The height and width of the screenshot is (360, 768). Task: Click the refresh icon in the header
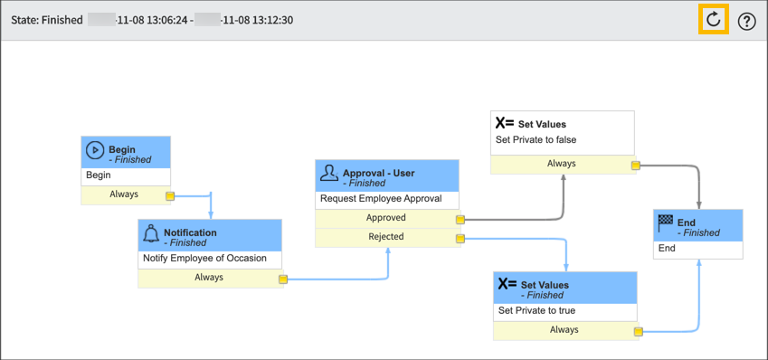(x=714, y=20)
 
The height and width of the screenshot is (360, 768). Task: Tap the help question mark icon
(x=746, y=22)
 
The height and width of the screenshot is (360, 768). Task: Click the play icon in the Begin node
(x=95, y=150)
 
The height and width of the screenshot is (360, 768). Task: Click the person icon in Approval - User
(x=329, y=173)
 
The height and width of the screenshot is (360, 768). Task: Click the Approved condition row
(x=386, y=218)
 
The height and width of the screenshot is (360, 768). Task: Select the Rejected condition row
(x=386, y=237)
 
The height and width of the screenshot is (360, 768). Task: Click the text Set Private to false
(x=536, y=140)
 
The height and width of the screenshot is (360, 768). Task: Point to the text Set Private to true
(x=536, y=310)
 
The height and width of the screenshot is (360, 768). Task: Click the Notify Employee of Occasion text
(x=204, y=258)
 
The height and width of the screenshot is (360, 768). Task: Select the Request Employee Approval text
(x=380, y=199)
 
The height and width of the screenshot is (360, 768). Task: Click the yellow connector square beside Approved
(x=460, y=219)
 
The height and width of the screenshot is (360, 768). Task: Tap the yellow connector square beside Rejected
(x=460, y=239)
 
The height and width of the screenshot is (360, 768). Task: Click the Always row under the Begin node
(x=124, y=194)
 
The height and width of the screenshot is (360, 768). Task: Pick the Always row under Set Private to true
(x=564, y=330)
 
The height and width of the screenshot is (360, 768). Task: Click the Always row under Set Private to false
(x=561, y=164)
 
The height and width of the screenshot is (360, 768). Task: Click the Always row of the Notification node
(x=208, y=278)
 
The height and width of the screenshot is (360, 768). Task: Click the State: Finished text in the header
(x=46, y=20)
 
